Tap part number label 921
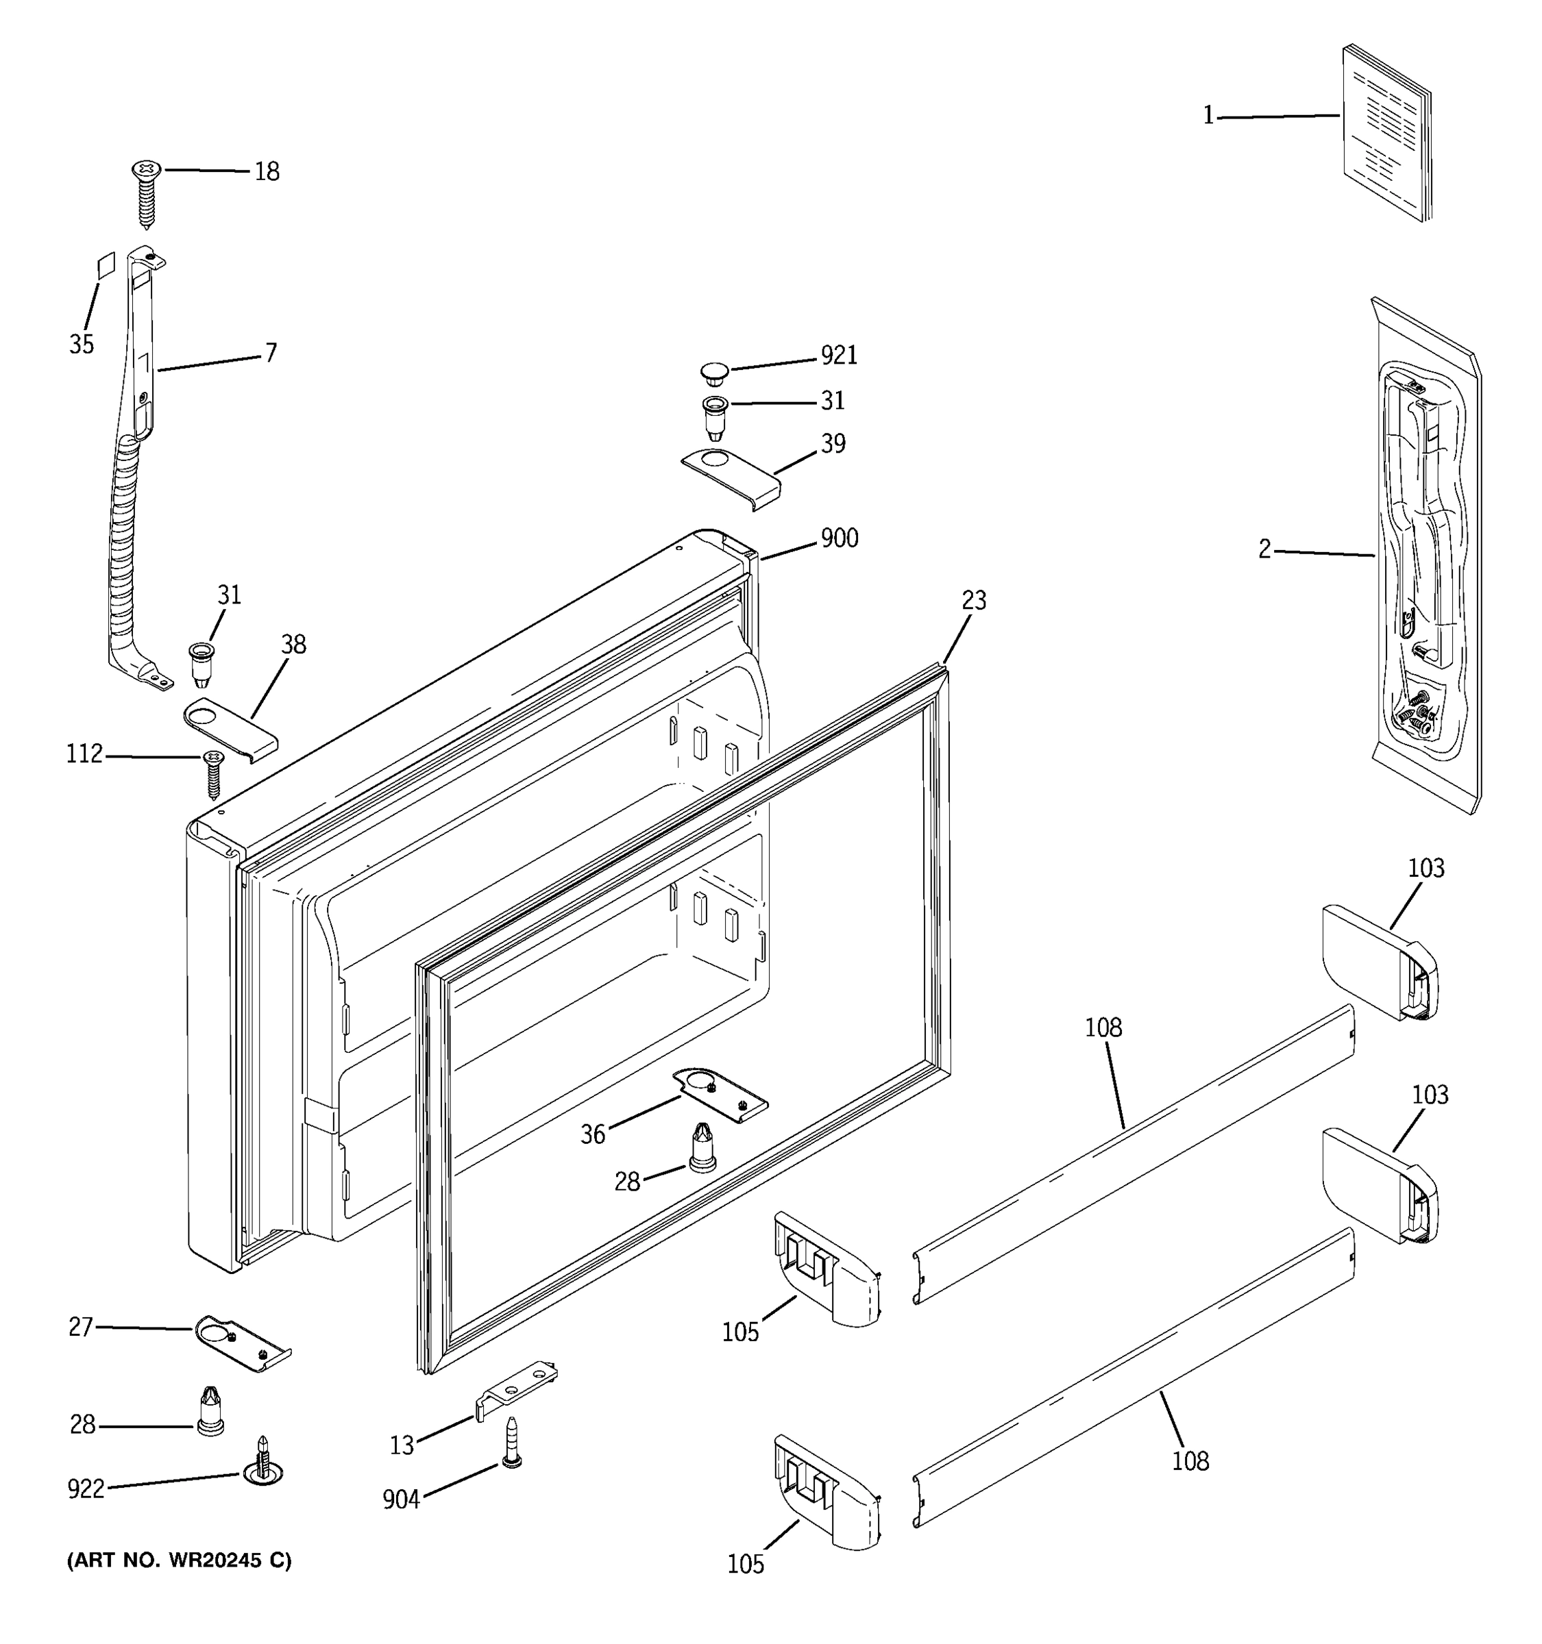pyautogui.click(x=838, y=356)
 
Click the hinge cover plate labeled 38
pyautogui.click(x=229, y=725)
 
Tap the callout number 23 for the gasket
pyautogui.click(x=974, y=600)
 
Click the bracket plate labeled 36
pyautogui.click(x=719, y=1094)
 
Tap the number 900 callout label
pyautogui.click(x=838, y=538)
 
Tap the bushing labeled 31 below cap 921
pyautogui.click(x=713, y=418)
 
